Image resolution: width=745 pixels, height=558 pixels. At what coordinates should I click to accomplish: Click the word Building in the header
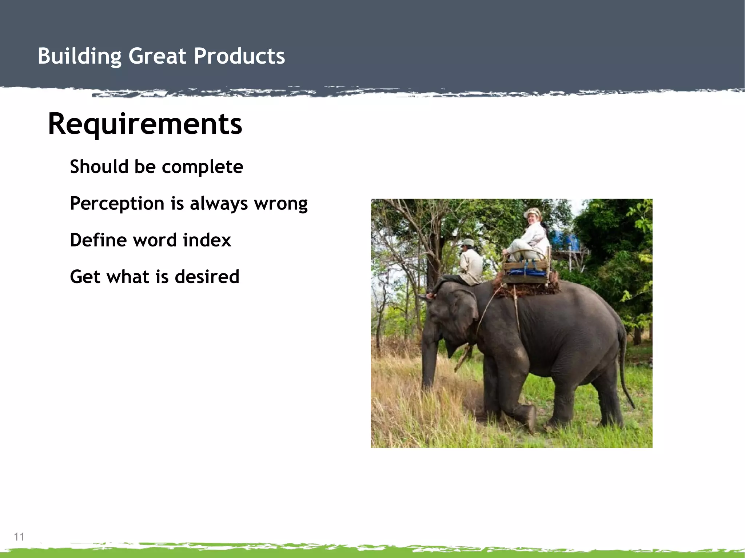[x=79, y=56]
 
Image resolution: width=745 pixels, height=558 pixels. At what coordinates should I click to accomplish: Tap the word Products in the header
[x=239, y=56]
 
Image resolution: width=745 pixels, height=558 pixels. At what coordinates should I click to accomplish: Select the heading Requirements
[x=145, y=124]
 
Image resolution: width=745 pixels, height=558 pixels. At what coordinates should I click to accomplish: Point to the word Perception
[x=117, y=204]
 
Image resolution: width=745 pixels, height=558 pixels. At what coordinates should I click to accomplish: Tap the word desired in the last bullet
[x=207, y=277]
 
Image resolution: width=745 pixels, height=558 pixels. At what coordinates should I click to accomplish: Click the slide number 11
[x=19, y=537]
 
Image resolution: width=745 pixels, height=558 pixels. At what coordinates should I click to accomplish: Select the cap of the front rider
[x=468, y=242]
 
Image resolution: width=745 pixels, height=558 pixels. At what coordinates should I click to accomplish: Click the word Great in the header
[x=157, y=56]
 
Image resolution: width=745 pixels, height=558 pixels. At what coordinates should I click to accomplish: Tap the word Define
[x=98, y=240]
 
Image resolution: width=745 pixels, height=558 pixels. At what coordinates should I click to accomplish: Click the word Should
[x=99, y=167]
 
